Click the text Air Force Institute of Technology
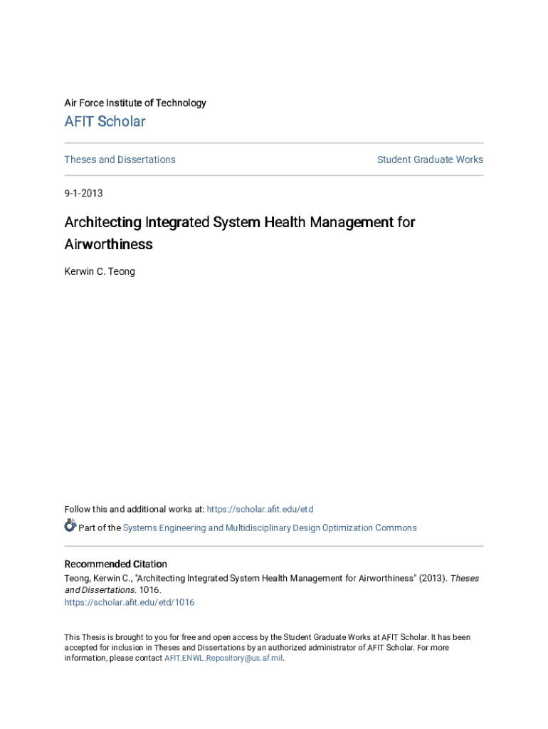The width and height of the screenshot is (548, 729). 135,103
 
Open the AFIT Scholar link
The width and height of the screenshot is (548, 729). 105,122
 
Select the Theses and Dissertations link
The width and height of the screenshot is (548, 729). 120,159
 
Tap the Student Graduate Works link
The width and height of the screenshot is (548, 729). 430,159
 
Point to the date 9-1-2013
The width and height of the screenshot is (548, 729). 83,193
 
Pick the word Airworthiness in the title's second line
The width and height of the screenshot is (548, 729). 108,244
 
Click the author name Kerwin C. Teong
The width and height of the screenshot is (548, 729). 100,271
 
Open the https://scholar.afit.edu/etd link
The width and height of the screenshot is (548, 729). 260,509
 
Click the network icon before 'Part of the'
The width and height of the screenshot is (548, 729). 70,526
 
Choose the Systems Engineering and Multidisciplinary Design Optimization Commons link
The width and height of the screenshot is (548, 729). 270,528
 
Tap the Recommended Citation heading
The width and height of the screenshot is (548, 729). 115,564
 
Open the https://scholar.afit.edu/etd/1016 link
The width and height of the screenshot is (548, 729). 129,602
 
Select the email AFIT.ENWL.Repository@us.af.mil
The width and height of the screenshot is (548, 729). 223,659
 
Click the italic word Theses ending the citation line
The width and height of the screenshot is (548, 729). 465,578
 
